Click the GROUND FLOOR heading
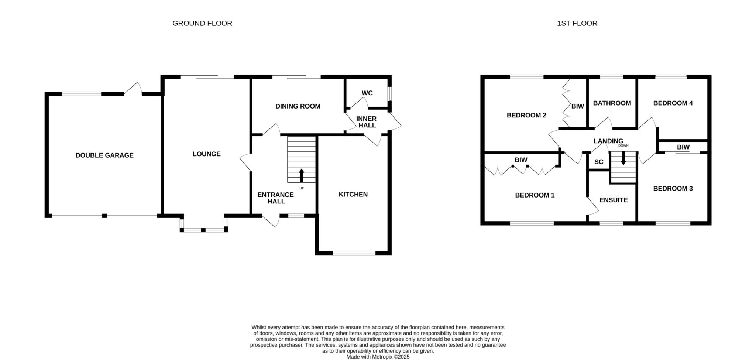coord(202,23)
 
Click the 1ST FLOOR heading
coord(577,23)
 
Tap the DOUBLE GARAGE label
coord(104,155)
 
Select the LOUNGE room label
coord(207,154)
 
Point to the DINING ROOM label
coord(298,106)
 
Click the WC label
coord(367,93)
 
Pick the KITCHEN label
coord(353,195)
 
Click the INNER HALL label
coord(367,122)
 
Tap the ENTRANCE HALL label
coord(276,198)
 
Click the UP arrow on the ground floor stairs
coord(302,176)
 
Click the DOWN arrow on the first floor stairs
coord(623,158)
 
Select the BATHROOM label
coord(612,103)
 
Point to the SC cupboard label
coord(599,162)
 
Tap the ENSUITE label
coord(614,200)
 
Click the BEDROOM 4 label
coord(673,103)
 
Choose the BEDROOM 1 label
coord(535,195)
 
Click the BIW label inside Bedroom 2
coord(578,106)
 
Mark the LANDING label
coord(608,141)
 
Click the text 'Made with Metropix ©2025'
coord(378,357)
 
